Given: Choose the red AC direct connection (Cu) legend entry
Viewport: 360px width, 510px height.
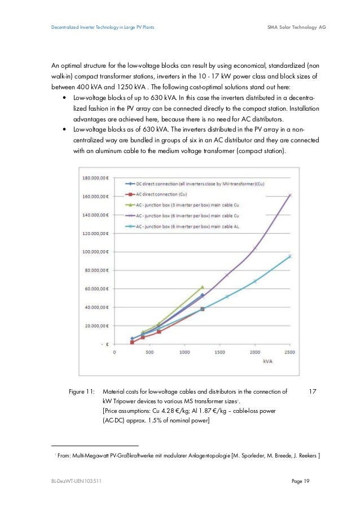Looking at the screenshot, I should click(x=164, y=194).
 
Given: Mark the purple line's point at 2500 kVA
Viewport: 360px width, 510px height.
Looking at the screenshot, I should click(x=290, y=195).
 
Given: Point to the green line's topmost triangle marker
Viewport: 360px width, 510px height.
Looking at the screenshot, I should click(x=202, y=287).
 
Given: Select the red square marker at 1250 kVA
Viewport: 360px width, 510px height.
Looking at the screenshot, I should click(x=202, y=309).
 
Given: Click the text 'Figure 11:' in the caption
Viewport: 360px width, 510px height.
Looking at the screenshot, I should click(x=81, y=391).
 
